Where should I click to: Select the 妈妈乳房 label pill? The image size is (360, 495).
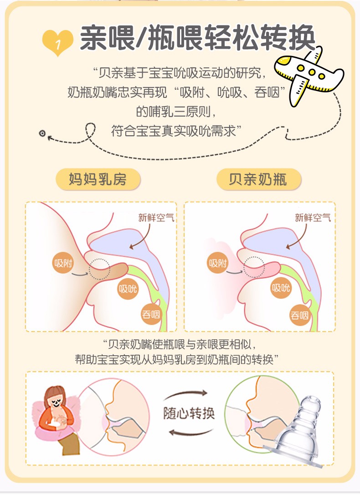(98, 179)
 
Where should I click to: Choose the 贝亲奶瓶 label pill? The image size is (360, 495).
(259, 179)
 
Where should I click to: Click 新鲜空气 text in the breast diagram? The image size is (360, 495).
(156, 218)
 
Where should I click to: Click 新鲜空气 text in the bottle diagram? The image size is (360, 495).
(313, 218)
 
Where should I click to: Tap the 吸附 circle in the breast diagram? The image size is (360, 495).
(63, 263)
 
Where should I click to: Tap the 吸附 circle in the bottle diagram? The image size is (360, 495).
(217, 263)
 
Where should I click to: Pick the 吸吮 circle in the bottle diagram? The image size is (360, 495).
(280, 288)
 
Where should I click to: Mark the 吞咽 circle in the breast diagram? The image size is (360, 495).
(151, 314)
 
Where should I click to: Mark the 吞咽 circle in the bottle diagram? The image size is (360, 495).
(299, 315)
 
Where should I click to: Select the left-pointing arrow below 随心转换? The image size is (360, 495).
(191, 433)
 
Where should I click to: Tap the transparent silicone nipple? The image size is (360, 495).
(293, 429)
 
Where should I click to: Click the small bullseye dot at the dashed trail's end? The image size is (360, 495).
(42, 133)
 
